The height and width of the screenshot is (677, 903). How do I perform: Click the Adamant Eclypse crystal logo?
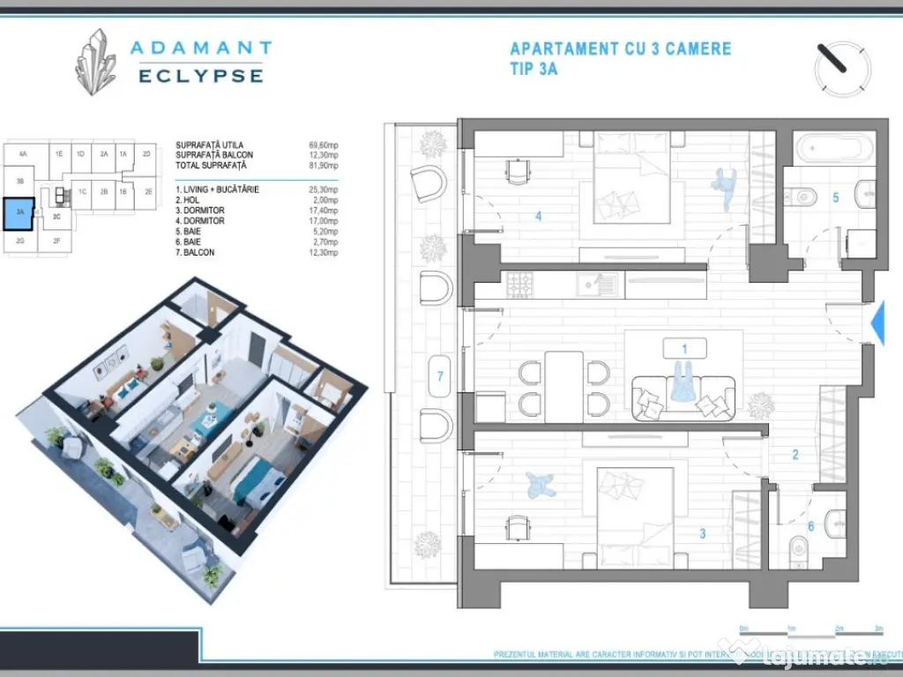[95, 62]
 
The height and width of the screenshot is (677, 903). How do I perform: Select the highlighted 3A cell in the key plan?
[19, 212]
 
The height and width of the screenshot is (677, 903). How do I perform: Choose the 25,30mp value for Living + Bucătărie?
[324, 190]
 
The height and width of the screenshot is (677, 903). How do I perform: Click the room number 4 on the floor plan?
[539, 214]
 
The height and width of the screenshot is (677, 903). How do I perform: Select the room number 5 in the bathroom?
[835, 197]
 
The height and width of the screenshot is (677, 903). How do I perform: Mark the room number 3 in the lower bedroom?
[703, 532]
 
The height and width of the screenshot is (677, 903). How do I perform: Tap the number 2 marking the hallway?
[795, 455]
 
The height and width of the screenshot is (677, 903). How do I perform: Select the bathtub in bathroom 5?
[832, 147]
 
